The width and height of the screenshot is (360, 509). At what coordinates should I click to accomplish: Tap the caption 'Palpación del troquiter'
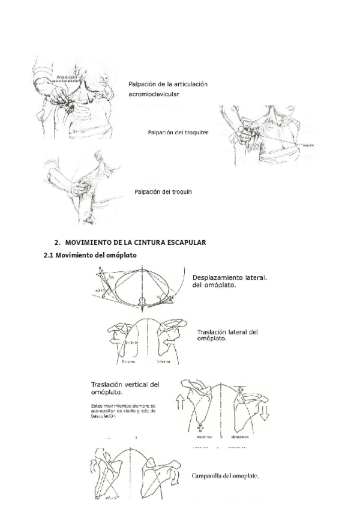[x=178, y=132]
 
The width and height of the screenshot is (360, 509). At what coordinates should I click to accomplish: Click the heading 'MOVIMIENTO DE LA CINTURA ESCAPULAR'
[x=136, y=243]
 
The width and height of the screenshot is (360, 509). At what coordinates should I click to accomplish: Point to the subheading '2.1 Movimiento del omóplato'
[x=91, y=254]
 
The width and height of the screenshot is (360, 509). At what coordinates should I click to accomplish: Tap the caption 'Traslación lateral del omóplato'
[x=227, y=335]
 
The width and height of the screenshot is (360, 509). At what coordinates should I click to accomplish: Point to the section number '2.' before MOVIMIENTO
[x=58, y=243]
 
